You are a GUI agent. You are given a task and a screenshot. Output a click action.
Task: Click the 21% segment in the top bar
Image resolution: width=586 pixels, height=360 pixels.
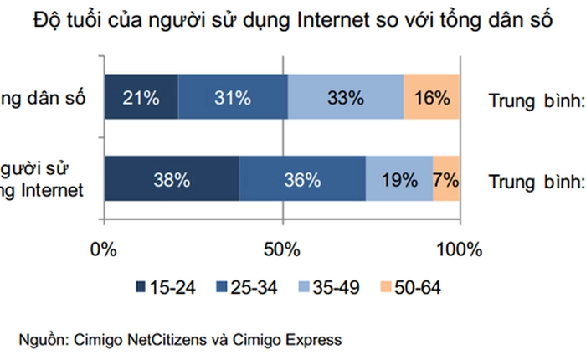(x=141, y=97)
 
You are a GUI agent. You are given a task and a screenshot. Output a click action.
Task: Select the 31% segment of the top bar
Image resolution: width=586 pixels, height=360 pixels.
(x=232, y=97)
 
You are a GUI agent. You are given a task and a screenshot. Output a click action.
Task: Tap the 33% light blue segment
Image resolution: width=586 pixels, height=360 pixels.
(x=345, y=97)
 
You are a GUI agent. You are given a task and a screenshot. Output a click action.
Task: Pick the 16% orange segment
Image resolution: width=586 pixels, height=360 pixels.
(x=432, y=97)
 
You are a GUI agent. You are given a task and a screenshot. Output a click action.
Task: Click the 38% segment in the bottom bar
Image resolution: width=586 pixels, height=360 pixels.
(x=172, y=178)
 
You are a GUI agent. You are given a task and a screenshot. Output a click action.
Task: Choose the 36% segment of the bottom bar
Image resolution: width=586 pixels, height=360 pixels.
(x=302, y=178)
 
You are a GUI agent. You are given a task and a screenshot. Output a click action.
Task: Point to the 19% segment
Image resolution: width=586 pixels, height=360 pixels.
(x=399, y=178)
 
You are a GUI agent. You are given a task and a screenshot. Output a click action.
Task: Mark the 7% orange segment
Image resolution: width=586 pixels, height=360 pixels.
(x=446, y=178)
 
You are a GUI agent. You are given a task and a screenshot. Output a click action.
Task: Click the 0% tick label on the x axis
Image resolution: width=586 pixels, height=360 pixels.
(x=104, y=249)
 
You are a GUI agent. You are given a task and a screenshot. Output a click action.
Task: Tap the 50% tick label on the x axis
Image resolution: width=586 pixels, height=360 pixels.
(x=282, y=249)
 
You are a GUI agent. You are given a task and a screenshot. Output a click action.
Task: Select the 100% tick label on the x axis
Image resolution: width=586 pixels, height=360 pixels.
(x=460, y=249)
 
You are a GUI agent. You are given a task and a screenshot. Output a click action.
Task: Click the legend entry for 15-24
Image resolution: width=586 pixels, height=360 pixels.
(x=166, y=288)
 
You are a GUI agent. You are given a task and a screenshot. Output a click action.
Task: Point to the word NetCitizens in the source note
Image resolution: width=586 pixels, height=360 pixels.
(x=168, y=339)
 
